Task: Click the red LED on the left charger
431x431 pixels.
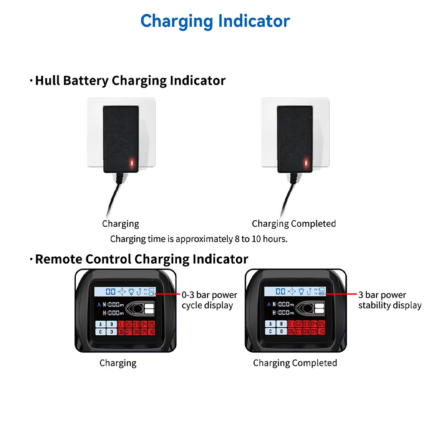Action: tap(132, 163)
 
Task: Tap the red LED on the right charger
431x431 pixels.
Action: tap(306, 163)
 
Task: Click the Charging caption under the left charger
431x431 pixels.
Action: tap(121, 224)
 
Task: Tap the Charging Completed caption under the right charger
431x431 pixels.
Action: tap(294, 224)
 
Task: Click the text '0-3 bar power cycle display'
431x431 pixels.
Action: tap(209, 300)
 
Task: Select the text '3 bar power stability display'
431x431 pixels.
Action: tap(390, 300)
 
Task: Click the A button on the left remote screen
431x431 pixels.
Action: tap(100, 324)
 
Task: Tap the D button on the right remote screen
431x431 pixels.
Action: tap(281, 331)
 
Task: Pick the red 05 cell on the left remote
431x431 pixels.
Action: tap(151, 324)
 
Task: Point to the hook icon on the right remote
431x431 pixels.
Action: tap(309, 291)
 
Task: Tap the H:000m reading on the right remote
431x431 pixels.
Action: tap(283, 312)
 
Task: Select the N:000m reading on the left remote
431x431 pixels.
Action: tap(112, 304)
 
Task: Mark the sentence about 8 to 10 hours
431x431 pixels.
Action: tap(199, 239)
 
